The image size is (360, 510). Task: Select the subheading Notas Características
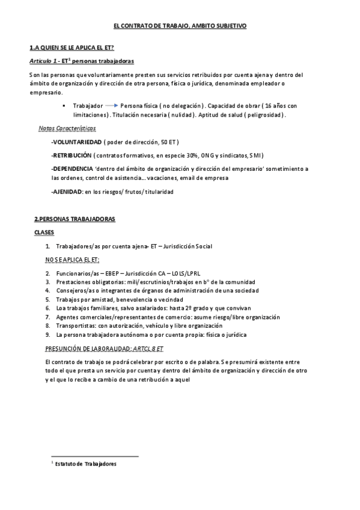[66, 128]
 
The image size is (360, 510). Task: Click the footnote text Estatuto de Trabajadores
[84, 464]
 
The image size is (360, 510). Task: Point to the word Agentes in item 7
[67, 317]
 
